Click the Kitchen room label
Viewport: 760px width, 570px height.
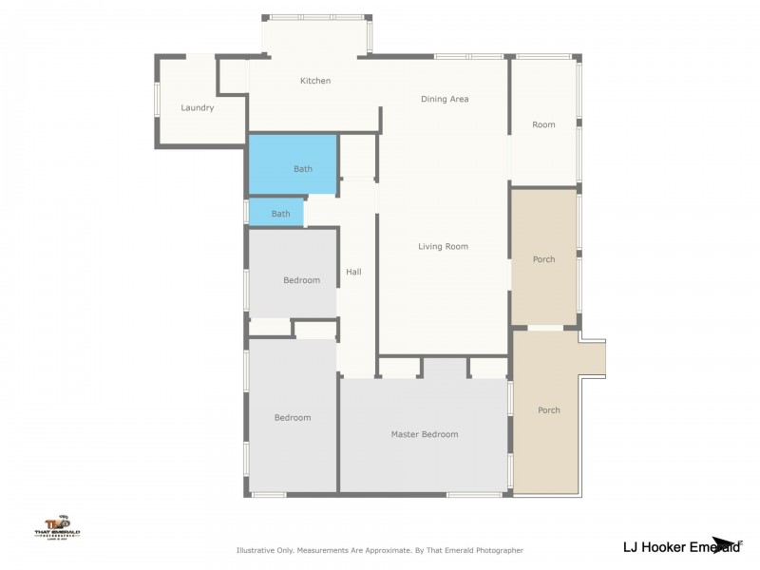click(x=315, y=81)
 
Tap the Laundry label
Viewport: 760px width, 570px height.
click(x=198, y=107)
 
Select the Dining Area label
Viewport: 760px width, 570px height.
click(x=445, y=99)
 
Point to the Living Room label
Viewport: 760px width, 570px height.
click(x=443, y=247)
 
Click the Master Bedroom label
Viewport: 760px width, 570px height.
click(x=425, y=434)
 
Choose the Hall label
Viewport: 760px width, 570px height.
click(x=353, y=272)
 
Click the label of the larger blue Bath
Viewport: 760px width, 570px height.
click(x=302, y=169)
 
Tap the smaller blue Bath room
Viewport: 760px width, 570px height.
click(x=280, y=214)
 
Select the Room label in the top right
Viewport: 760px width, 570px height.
click(x=543, y=124)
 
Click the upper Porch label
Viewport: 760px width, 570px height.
click(x=543, y=259)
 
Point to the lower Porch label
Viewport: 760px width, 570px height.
click(x=548, y=410)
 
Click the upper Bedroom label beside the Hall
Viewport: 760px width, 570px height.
click(x=301, y=280)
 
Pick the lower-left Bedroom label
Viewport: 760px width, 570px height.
click(x=293, y=417)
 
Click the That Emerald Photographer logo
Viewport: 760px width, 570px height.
click(x=58, y=527)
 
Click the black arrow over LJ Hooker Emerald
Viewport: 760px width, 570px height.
click(x=726, y=543)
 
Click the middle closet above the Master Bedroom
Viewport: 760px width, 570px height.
click(x=443, y=369)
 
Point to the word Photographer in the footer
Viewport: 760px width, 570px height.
click(x=495, y=550)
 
